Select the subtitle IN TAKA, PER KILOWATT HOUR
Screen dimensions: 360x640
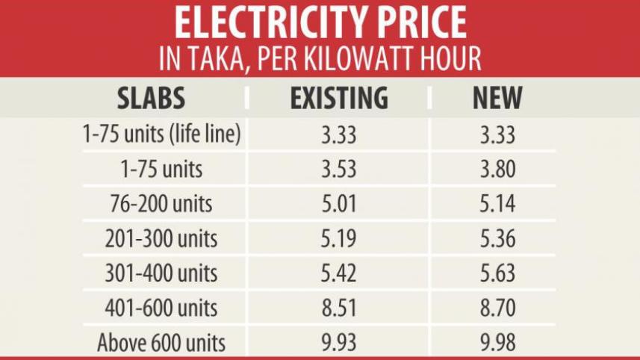320,59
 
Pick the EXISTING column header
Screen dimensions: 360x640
339,99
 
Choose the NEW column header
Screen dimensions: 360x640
497,99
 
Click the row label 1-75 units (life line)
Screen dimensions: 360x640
161,135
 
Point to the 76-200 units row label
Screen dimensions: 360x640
161,204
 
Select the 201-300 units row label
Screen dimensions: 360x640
161,239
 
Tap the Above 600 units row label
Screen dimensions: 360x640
161,343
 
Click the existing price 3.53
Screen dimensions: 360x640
339,170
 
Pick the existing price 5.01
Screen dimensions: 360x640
339,204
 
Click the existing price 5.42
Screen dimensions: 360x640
339,273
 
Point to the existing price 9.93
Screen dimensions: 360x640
339,343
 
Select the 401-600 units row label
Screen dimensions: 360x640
161,308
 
